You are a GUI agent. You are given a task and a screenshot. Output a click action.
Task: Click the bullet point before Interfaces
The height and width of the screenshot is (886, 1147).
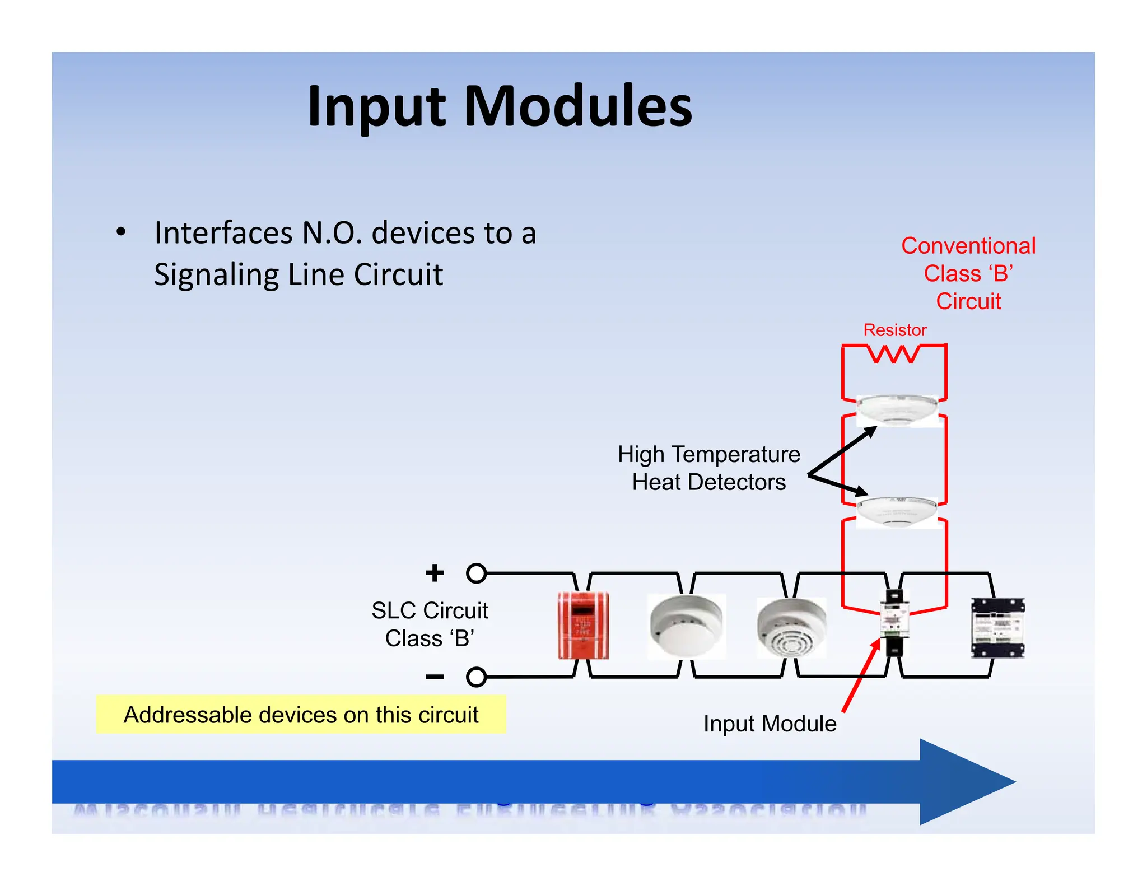[121, 232]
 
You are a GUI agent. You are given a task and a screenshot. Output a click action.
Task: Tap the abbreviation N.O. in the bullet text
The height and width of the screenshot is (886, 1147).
[332, 233]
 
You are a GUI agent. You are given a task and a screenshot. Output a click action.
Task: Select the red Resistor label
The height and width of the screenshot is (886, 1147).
[894, 330]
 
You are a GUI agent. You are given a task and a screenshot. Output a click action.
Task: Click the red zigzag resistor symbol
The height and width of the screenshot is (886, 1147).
[894, 354]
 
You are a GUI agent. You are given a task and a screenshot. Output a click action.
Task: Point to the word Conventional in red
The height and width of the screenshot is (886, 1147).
[968, 246]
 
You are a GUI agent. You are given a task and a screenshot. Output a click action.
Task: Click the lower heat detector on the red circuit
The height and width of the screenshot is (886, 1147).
[897, 511]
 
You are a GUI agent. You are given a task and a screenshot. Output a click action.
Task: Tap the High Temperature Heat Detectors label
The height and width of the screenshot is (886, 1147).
[709, 468]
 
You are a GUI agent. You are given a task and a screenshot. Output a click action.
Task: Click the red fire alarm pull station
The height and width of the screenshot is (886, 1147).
[583, 626]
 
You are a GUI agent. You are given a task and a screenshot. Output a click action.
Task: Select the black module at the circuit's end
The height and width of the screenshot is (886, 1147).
[997, 627]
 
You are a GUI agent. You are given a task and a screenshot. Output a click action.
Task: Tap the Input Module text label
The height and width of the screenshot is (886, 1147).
[770, 724]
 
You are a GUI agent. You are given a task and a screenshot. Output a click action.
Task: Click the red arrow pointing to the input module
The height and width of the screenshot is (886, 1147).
[860, 677]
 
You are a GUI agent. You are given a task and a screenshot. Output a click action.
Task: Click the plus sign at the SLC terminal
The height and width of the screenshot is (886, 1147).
[435, 573]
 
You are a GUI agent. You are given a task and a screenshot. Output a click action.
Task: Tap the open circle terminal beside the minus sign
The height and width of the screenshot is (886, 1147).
[476, 677]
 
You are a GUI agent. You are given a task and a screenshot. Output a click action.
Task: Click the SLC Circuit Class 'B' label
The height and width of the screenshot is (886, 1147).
[430, 624]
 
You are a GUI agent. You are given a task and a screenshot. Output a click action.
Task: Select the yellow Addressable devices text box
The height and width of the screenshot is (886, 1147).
[301, 715]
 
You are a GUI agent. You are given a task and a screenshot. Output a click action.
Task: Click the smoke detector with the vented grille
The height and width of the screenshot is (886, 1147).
[790, 627]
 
